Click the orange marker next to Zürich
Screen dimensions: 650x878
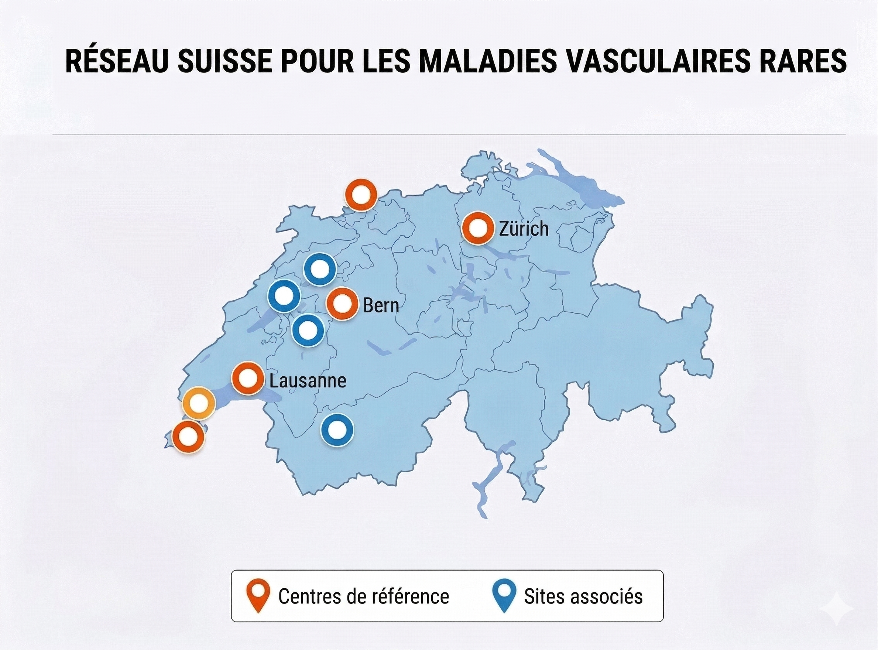tap(477, 228)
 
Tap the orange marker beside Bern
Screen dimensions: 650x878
tap(343, 304)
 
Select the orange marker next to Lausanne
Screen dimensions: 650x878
tap(247, 379)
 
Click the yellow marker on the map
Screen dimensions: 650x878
tap(199, 403)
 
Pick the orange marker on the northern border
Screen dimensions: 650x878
tap(361, 195)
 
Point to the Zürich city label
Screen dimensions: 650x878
tap(524, 229)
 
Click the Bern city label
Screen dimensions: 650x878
tap(381, 305)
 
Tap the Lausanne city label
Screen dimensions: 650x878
tap(308, 381)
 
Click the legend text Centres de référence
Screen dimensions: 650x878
tap(363, 597)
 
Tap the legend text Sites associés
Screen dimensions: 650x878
tap(583, 596)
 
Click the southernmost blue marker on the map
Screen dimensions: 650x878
tap(337, 430)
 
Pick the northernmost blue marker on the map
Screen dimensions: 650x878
tap(320, 270)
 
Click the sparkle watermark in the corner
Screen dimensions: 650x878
tap(836, 608)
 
